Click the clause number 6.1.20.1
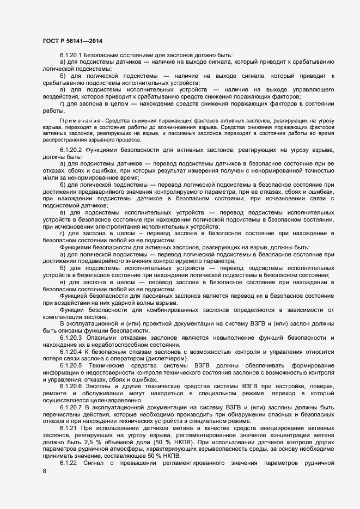(71, 56)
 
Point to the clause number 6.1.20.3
(71, 338)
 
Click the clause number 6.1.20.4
(71, 351)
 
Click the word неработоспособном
(103, 345)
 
